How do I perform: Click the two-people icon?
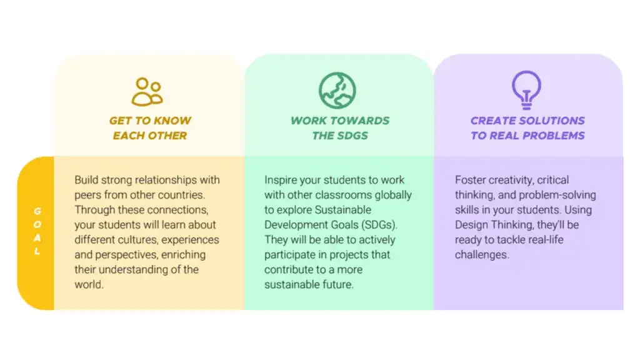click(147, 92)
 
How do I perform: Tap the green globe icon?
click(337, 91)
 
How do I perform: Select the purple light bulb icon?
click(526, 90)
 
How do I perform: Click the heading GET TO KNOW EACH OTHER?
click(150, 128)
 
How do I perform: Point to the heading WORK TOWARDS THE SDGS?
click(340, 128)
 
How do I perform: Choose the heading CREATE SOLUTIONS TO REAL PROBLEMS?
click(527, 128)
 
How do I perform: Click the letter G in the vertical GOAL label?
click(37, 211)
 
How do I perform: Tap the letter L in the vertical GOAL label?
click(37, 251)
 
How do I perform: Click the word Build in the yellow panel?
click(86, 180)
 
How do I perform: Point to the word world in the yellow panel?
click(89, 284)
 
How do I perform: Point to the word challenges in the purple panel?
click(482, 255)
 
